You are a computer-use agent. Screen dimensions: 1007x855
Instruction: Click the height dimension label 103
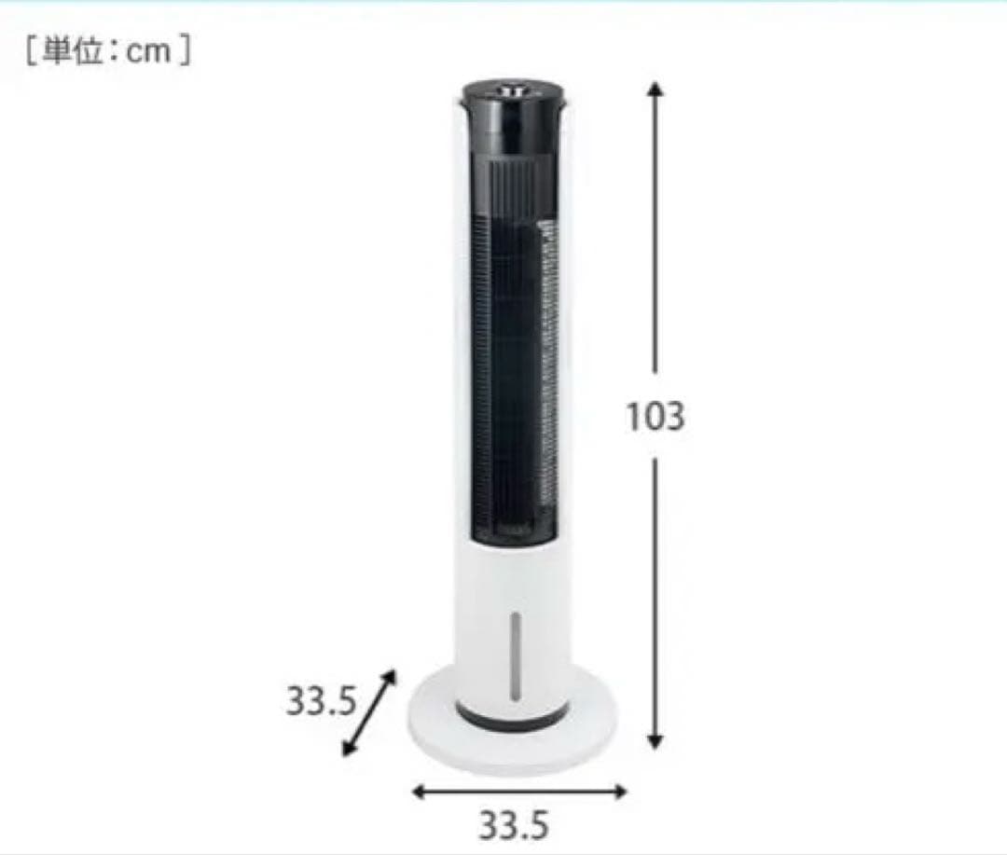coord(655,416)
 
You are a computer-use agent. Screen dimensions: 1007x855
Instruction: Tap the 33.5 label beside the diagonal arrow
coord(321,700)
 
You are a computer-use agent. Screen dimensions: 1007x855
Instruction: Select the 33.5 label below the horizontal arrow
coord(514,825)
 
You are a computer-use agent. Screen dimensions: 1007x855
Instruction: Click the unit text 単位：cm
coord(107,50)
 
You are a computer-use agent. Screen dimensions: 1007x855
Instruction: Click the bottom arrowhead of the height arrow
coord(655,742)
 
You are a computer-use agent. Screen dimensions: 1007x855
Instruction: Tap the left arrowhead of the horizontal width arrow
coord(419,792)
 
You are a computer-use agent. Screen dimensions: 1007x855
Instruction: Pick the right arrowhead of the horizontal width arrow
coord(619,792)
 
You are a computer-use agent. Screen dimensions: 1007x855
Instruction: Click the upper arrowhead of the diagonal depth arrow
coord(389,677)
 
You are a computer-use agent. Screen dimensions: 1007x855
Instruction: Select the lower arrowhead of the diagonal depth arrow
coord(349,748)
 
